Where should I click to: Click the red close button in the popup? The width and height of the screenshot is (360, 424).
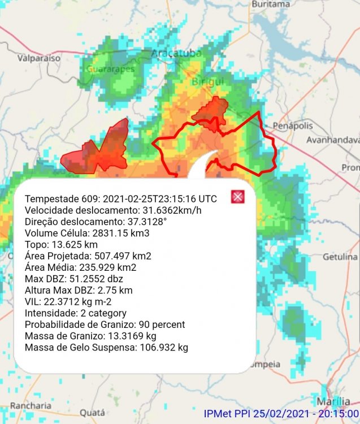(x=238, y=197)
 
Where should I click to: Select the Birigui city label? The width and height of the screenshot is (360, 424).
(x=208, y=82)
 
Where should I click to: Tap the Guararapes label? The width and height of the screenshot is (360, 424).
(x=111, y=69)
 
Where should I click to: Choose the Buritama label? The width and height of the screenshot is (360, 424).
(x=271, y=4)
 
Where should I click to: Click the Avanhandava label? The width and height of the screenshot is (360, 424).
(x=333, y=140)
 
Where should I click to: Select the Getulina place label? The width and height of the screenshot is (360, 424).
(x=341, y=256)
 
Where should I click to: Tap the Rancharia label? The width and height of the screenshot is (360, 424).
(x=31, y=405)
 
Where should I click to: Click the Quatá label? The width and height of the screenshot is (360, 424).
(x=92, y=413)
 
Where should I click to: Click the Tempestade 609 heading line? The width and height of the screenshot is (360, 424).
(x=121, y=199)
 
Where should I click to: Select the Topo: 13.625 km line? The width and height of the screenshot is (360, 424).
(x=62, y=244)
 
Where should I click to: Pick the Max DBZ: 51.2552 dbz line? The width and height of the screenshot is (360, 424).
(x=74, y=279)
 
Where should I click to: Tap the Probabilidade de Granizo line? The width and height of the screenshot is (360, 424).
(x=105, y=325)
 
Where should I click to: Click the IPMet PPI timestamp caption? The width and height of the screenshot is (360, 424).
(x=281, y=414)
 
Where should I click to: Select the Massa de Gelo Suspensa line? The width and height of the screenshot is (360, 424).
(x=107, y=347)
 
